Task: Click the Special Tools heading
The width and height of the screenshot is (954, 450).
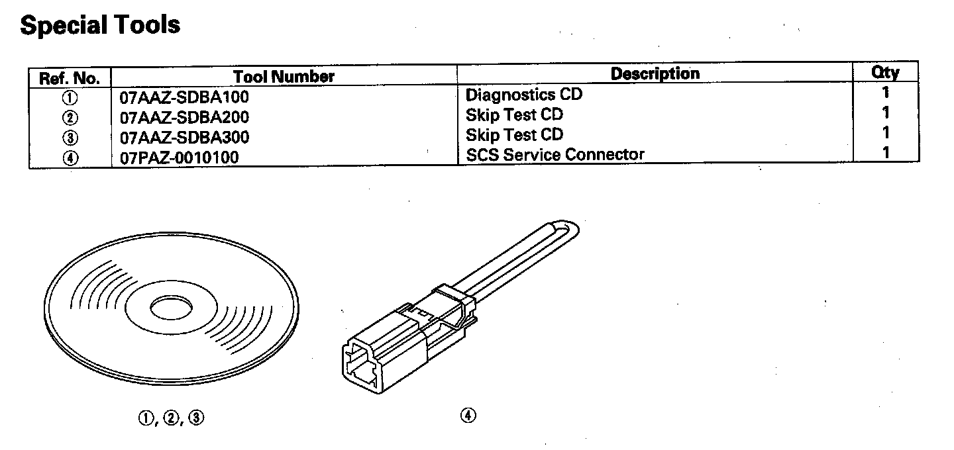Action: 100,25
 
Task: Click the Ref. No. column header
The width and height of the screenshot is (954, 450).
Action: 70,78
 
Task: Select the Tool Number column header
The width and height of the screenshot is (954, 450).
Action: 284,77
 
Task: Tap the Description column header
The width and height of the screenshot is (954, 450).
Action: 655,73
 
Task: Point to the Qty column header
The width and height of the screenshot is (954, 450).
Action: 885,72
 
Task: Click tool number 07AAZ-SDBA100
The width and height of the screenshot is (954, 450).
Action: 184,97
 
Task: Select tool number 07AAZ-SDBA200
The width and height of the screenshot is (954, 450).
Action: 184,118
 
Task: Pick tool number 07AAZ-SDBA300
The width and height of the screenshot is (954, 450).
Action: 184,138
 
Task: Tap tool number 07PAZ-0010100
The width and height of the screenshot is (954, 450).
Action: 179,157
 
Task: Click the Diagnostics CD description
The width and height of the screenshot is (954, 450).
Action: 524,94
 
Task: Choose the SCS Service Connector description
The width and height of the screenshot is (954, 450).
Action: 555,155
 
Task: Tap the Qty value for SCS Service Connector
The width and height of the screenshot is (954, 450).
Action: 886,153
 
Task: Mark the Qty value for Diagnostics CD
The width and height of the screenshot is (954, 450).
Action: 886,93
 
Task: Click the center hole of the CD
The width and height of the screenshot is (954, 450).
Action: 172,308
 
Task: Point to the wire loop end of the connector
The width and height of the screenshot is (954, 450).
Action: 570,228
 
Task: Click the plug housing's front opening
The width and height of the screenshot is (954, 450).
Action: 358,366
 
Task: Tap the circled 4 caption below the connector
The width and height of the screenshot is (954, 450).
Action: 468,416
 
